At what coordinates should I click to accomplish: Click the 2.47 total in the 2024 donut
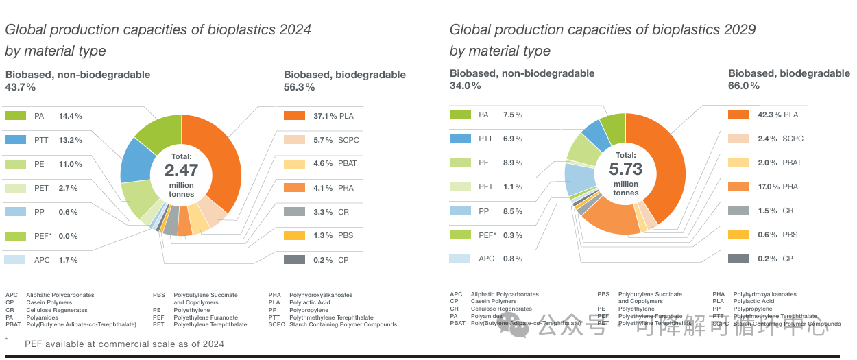tap(181, 170)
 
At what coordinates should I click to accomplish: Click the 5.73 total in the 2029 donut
tap(625, 169)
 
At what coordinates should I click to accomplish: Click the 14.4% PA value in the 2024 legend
tap(71, 116)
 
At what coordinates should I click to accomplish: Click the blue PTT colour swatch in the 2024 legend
tap(15, 140)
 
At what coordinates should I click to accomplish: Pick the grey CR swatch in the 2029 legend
tap(738, 211)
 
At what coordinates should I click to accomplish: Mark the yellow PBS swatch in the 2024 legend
tap(294, 236)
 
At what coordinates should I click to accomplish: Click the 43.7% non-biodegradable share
tap(21, 87)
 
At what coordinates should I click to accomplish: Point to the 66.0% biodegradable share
tap(744, 86)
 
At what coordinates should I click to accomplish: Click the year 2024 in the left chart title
tap(295, 29)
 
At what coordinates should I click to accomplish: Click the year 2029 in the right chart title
tap(739, 29)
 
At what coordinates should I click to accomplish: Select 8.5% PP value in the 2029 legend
tap(512, 211)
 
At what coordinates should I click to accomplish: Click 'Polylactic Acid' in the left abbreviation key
tap(310, 302)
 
